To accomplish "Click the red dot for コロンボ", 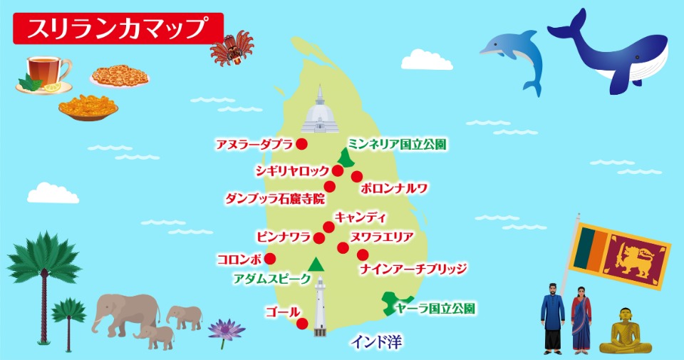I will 270,259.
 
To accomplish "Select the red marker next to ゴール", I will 302,324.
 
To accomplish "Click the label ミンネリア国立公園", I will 398,145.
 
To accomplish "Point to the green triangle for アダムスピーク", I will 316,264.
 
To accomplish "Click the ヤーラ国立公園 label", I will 435,309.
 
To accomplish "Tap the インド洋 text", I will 376,343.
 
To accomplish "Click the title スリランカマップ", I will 118,29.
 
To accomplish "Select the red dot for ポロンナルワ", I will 357,176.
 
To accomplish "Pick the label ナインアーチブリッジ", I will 413,269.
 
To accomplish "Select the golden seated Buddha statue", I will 625,332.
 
